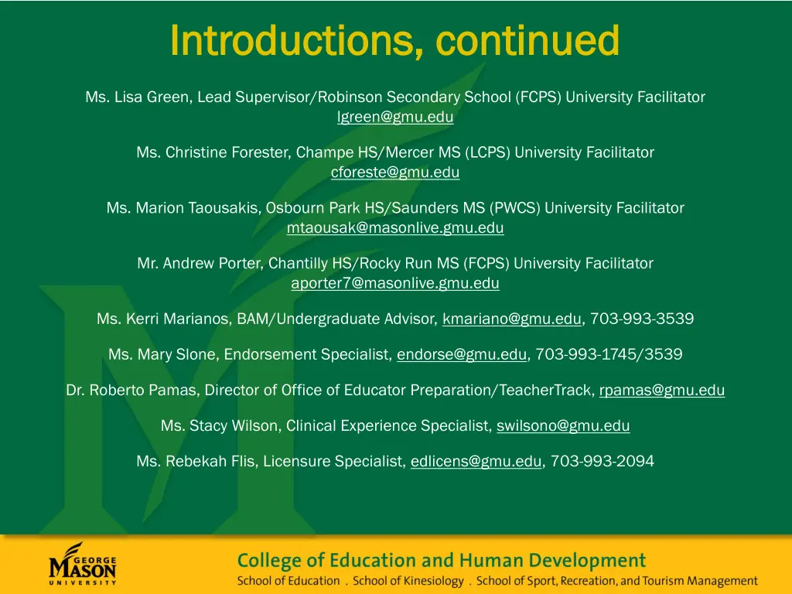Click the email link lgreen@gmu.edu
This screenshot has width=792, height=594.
tap(395, 118)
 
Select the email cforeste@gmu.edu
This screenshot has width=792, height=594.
tap(395, 172)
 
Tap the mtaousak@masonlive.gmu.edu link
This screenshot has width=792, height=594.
tap(395, 228)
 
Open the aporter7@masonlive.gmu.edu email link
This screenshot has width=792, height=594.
tap(395, 283)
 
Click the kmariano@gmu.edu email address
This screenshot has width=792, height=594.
tap(512, 319)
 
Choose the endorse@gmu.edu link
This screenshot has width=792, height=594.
tap(463, 355)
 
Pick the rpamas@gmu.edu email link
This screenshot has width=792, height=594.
tap(662, 391)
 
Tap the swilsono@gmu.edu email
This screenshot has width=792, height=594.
tap(563, 425)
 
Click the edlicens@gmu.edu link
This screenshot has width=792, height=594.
tap(476, 462)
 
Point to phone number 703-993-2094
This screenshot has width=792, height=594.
tap(603, 462)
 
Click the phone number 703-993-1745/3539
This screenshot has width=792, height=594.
tap(609, 355)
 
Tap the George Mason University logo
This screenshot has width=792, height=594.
tap(83, 564)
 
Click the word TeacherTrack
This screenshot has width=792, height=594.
tap(547, 391)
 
